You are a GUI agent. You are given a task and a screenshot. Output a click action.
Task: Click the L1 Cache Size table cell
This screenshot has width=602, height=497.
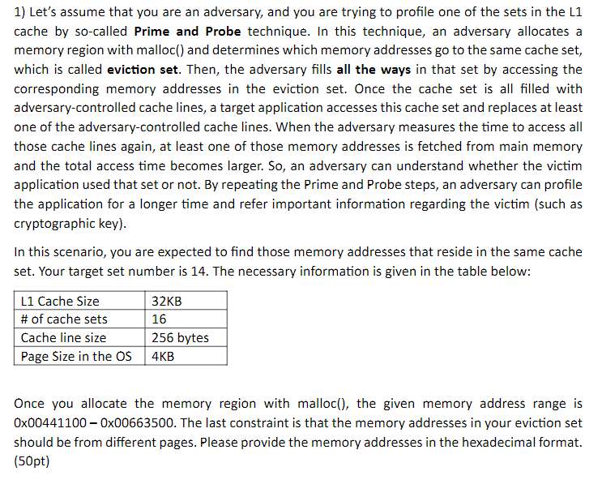(x=60, y=302)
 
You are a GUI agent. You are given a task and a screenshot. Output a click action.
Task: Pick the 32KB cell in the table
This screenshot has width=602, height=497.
(x=167, y=302)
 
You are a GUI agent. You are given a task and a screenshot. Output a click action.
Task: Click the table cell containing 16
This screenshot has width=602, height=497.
(x=160, y=319)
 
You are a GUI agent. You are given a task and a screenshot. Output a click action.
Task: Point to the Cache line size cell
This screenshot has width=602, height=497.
(x=63, y=338)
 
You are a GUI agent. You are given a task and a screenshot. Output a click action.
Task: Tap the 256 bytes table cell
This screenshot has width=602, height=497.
(x=180, y=338)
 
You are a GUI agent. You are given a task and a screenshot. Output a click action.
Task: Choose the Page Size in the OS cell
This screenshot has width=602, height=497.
(x=76, y=356)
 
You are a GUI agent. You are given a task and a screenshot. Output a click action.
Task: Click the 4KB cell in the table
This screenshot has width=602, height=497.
(x=164, y=356)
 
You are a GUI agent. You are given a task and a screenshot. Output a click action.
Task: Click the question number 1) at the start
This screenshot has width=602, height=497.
(x=20, y=13)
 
